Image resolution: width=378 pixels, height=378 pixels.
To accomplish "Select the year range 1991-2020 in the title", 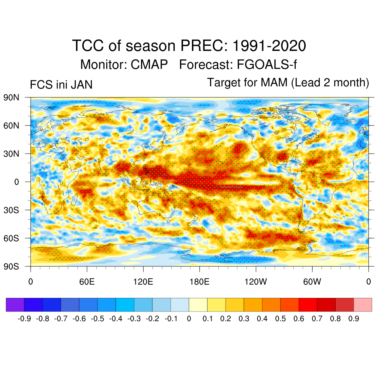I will tap(269, 46).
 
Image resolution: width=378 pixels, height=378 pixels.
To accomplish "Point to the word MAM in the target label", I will tap(274, 82).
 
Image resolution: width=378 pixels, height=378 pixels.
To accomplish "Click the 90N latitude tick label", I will tap(11, 97).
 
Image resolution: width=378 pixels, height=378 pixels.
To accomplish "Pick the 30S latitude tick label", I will tap(11, 210).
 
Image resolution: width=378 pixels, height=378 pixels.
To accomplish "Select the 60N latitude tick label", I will tap(11, 126).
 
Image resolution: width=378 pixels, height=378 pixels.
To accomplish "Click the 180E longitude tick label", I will tap(199, 282).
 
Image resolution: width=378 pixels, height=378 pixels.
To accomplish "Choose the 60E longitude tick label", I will tap(87, 282).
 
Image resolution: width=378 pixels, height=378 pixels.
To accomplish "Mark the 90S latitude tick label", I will tap(11, 266).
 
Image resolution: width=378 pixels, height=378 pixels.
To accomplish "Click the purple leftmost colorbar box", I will tap(15, 305).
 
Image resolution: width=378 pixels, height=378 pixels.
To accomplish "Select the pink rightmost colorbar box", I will tap(362, 305).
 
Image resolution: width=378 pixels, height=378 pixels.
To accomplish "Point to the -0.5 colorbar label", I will tap(97, 319).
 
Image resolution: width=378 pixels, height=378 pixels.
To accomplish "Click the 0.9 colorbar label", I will tap(354, 319).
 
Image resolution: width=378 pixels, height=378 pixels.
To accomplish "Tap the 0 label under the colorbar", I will tap(189, 319).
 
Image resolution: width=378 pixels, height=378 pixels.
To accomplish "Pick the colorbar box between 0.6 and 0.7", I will tap(308, 305).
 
